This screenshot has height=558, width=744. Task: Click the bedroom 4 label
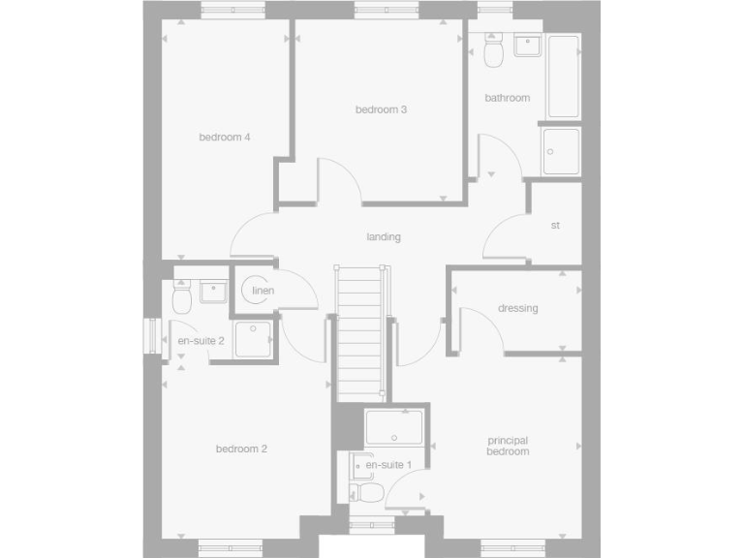(x=225, y=138)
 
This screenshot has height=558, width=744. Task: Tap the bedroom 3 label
(x=381, y=109)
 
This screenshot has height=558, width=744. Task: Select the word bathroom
(x=508, y=98)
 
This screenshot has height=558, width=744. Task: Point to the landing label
(x=384, y=237)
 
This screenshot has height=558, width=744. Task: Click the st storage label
(x=555, y=226)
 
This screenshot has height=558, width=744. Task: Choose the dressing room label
(x=518, y=309)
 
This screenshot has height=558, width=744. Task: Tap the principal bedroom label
(x=508, y=446)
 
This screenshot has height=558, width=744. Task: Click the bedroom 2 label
(x=241, y=449)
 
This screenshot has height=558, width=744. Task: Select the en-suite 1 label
(x=388, y=465)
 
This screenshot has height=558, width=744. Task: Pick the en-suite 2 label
(x=201, y=341)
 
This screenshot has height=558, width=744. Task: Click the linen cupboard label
(x=263, y=291)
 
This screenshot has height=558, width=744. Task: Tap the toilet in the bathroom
(x=493, y=52)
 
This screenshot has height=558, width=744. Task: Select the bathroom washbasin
(x=528, y=46)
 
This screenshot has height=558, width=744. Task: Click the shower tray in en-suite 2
(x=254, y=339)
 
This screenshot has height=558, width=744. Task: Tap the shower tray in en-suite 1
(x=394, y=427)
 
